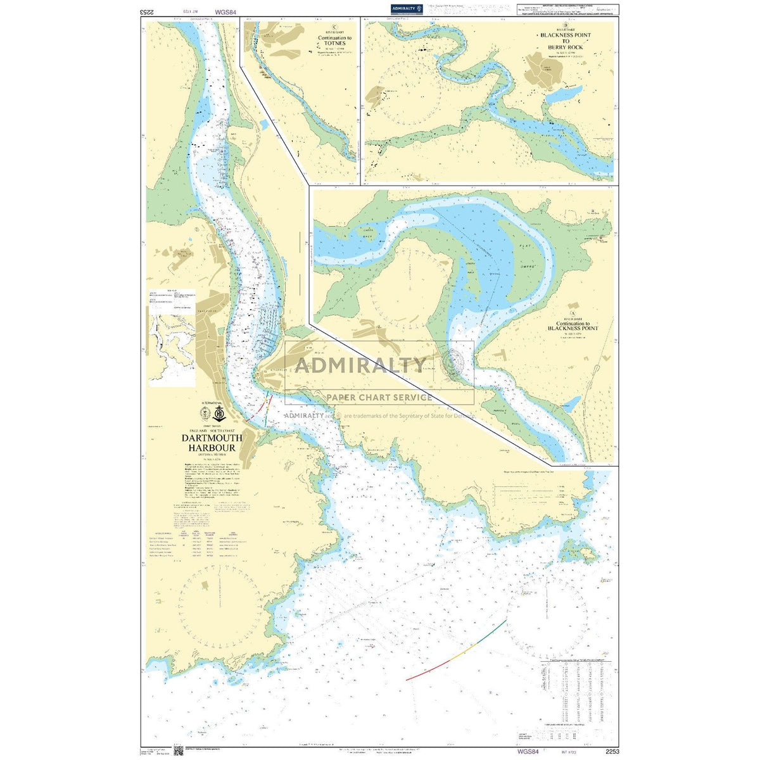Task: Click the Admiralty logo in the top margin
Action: click(x=407, y=9)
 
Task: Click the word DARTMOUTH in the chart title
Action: click(x=212, y=438)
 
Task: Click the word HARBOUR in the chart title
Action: click(x=212, y=447)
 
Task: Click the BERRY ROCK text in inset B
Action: click(x=557, y=47)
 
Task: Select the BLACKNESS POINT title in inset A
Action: click(x=573, y=328)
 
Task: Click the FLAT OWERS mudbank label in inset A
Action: click(x=524, y=261)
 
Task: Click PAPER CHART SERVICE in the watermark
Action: click(x=379, y=397)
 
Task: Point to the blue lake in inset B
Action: click(x=562, y=95)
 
